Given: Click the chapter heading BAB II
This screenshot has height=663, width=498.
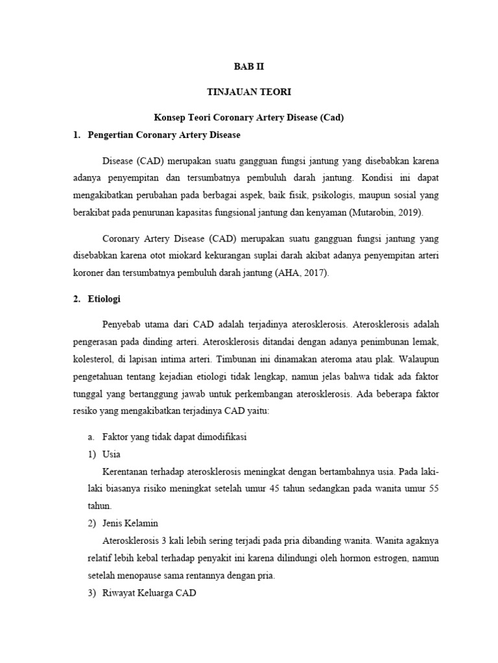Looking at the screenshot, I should tap(248, 66).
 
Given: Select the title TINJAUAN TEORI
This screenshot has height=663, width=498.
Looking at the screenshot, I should tap(248, 93).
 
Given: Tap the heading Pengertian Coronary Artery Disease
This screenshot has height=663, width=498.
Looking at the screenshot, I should tap(163, 135).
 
